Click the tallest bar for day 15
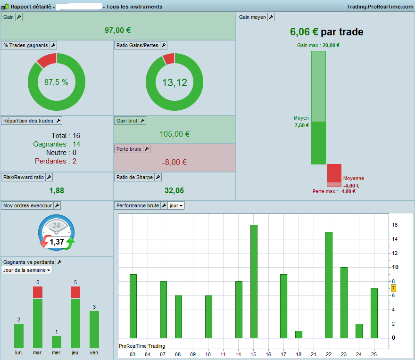tap(254, 281)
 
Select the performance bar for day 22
tap(329, 285)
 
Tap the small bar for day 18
tap(299, 335)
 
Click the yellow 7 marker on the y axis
tap(393, 288)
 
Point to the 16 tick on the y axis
tap(395, 225)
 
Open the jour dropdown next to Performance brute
tap(176, 205)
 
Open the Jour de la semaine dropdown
tap(26, 270)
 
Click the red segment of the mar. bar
tap(38, 293)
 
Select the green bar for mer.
tap(57, 342)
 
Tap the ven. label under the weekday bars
tap(94, 352)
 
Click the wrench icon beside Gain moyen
tap(271, 17)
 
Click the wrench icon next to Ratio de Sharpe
tap(158, 177)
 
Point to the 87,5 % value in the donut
tap(56, 82)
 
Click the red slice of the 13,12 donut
tap(169, 58)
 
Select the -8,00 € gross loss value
tap(174, 162)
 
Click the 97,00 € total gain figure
tap(117, 30)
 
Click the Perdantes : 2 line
tap(56, 161)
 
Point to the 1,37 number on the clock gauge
tap(57, 242)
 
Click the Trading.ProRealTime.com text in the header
tap(380, 7)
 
